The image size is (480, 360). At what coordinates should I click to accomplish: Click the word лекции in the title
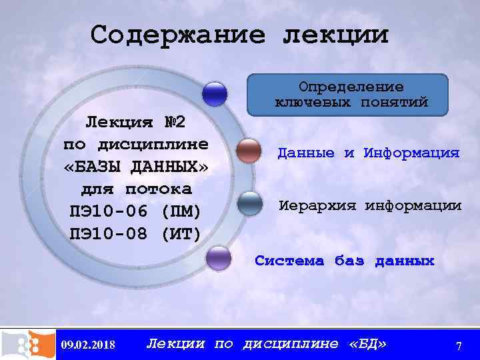point(335,35)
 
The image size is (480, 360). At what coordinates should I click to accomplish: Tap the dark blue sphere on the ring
point(215,94)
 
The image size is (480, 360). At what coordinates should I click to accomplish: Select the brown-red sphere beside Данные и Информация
point(249,151)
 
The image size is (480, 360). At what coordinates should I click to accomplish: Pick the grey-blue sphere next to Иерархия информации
point(250,203)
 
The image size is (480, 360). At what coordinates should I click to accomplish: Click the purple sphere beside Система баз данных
point(217,257)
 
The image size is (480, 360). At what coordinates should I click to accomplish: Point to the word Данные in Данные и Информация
point(306,153)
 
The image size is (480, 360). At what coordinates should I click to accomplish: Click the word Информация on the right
point(411,153)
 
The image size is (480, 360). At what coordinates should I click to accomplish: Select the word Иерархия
point(316,206)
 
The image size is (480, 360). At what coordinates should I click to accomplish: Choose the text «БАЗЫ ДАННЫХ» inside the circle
point(136,167)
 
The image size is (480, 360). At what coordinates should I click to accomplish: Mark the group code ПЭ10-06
point(108,211)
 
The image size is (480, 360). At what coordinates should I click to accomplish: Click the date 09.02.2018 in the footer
point(87,345)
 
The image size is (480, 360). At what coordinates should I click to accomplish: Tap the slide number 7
point(458,345)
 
